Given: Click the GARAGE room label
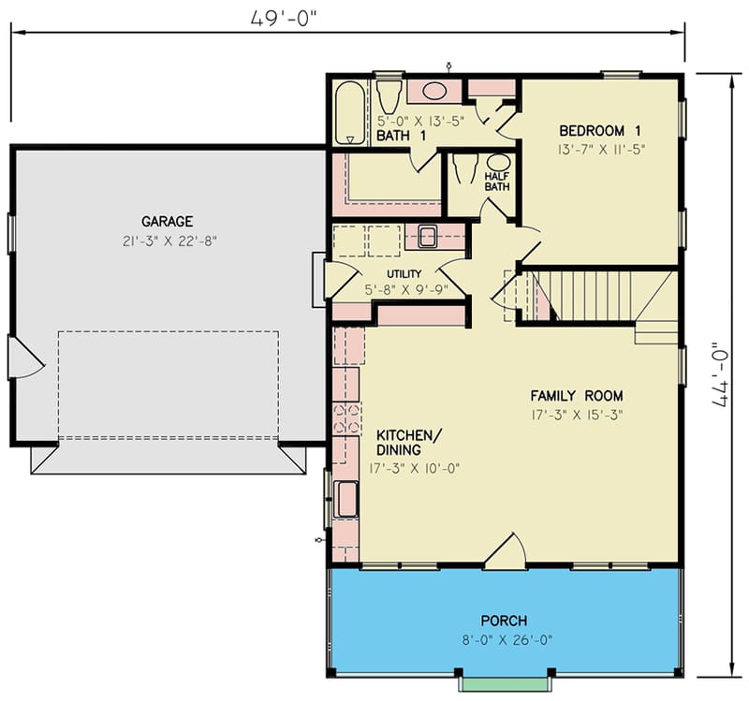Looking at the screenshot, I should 168,222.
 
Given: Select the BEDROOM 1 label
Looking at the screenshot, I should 600,130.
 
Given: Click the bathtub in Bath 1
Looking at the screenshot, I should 351,113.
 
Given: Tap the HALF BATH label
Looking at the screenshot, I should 496,181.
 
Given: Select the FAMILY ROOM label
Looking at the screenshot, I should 577,395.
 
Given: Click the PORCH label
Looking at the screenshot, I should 504,621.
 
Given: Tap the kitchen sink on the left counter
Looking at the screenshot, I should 346,498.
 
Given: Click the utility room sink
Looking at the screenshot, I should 428,236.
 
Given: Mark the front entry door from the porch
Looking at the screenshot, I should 506,554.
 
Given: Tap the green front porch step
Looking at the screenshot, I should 504,684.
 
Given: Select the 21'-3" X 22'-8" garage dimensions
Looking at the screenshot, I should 168,241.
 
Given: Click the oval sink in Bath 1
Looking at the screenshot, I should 433,92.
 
